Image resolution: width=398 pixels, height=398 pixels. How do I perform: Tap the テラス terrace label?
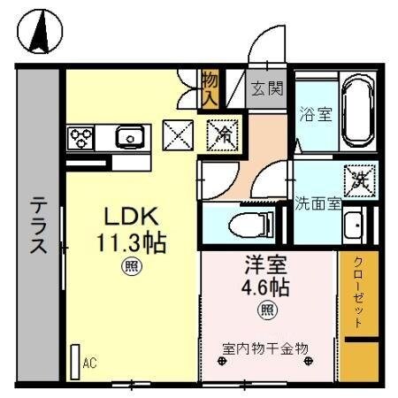pyautogui.click(x=38, y=226)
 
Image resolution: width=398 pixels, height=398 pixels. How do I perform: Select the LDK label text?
pyautogui.click(x=132, y=217)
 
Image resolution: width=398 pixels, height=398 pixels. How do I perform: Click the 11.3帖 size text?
pyautogui.click(x=133, y=241)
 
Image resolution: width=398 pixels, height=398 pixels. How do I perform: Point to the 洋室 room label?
pyautogui.click(x=265, y=264)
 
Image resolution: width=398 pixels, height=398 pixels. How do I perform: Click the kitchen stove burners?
pyautogui.click(x=82, y=137)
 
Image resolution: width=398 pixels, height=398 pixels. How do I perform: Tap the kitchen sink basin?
pyautogui.click(x=130, y=137)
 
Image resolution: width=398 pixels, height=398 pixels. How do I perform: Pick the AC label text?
pyautogui.click(x=89, y=363)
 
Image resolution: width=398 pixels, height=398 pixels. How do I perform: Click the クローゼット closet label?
pyautogui.click(x=358, y=293)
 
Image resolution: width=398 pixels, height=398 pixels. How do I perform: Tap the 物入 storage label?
pyautogui.click(x=210, y=88)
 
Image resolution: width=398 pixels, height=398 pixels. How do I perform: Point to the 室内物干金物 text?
pyautogui.click(x=265, y=348)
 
